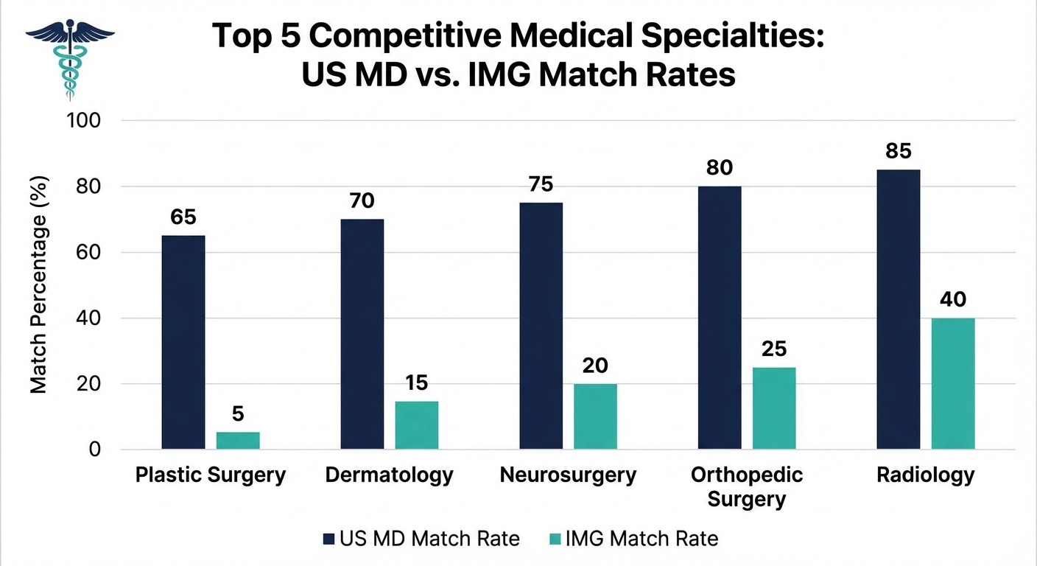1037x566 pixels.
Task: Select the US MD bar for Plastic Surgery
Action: (x=183, y=342)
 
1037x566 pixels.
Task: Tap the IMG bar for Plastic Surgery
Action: (x=238, y=440)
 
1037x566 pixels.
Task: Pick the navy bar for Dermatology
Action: (x=362, y=334)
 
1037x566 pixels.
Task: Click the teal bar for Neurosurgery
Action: (x=595, y=416)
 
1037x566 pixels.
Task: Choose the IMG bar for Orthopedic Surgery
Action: (x=774, y=408)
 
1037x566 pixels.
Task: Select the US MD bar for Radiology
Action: (x=898, y=309)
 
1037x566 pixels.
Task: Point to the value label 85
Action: (x=899, y=151)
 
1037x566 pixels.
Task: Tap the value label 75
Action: (x=541, y=184)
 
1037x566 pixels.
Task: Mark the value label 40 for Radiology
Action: (x=953, y=300)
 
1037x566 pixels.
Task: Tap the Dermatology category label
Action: (x=389, y=475)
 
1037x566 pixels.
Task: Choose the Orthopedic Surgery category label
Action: (x=747, y=486)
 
